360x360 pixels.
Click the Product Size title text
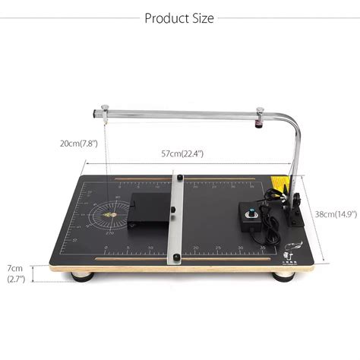(x=179, y=17)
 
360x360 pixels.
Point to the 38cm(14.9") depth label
(x=334, y=215)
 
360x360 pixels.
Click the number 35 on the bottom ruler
(x=263, y=248)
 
